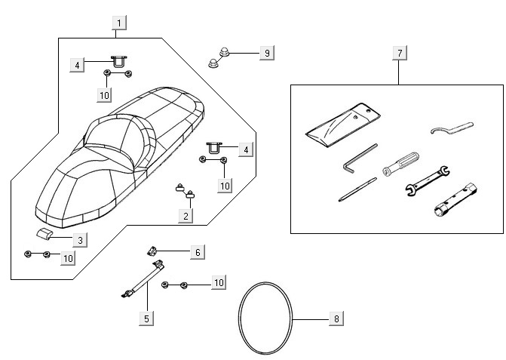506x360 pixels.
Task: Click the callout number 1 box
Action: [x=118, y=22]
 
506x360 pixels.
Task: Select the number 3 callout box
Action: [x=79, y=239]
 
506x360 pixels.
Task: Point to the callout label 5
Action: [x=147, y=318]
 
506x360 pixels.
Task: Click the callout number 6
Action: [x=197, y=251]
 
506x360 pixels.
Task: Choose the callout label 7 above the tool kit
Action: [x=399, y=52]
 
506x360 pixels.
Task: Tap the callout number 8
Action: [x=336, y=318]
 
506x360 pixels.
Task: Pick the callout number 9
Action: [x=265, y=53]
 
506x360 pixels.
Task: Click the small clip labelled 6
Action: [x=152, y=250]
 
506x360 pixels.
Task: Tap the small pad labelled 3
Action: [x=48, y=232]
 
